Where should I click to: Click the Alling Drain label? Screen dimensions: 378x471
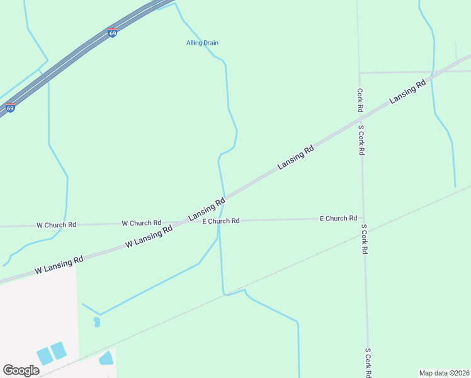202,43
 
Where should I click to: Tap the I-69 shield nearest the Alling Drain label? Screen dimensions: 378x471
112,33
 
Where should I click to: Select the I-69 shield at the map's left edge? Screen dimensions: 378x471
10,108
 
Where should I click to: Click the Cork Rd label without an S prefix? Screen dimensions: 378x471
360,100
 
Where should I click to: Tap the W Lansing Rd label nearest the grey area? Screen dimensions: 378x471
59,265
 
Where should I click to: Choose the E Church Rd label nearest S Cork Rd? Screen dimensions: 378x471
338,218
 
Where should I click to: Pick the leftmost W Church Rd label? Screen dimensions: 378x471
56,224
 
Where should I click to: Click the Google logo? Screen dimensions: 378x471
21,370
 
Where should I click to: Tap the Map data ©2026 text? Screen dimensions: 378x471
444,373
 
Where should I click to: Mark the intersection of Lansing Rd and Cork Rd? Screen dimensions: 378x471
360,115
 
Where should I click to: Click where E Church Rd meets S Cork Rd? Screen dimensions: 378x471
363,219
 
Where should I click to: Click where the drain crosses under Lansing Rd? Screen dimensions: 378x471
224,196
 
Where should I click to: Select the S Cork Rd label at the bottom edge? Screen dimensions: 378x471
368,363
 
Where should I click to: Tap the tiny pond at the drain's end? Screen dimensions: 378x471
96,322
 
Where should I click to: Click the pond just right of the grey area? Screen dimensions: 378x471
106,358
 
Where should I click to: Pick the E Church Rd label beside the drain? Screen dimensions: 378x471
220,221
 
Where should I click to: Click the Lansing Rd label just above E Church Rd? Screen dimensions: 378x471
207,210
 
